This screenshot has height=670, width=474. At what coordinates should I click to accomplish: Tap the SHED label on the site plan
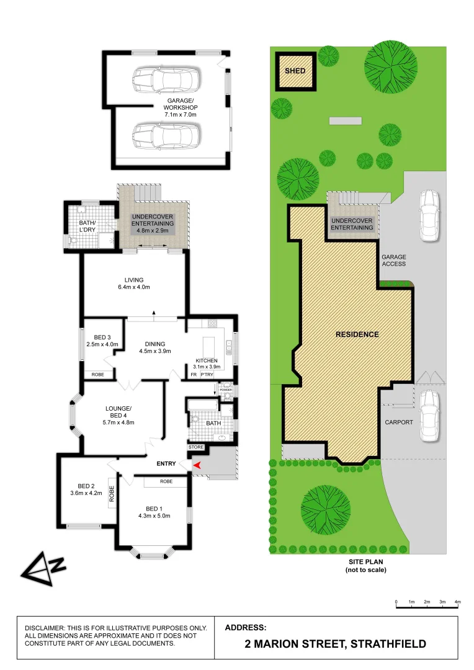(295, 71)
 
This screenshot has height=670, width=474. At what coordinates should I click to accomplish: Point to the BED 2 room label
(86, 486)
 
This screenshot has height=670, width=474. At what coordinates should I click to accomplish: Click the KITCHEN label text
(206, 360)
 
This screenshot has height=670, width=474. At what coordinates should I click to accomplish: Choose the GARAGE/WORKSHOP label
(181, 104)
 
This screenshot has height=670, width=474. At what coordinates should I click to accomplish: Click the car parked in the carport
(429, 415)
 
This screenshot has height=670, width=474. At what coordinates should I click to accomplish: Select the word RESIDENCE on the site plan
(357, 334)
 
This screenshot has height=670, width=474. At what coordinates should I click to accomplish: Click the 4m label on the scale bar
(458, 602)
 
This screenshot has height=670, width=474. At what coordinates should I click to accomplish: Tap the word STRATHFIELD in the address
(388, 644)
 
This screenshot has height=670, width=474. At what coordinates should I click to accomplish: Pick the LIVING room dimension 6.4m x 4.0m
(133, 287)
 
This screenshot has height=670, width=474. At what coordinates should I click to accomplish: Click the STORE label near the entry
(196, 447)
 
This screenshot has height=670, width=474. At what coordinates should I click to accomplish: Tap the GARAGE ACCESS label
(394, 260)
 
